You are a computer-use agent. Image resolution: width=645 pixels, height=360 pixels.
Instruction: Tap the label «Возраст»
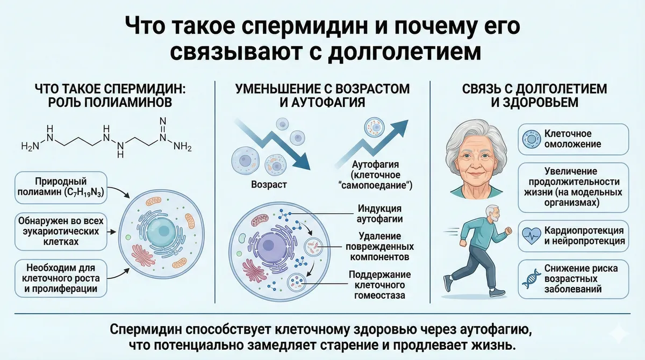tap(269, 185)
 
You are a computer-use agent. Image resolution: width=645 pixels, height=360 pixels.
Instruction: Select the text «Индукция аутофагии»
tap(379, 213)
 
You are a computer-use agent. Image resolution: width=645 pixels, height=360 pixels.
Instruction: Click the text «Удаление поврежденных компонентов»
tap(379, 247)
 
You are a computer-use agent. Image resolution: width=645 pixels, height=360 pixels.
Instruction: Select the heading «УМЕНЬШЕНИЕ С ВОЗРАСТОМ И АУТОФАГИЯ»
tap(322, 95)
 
